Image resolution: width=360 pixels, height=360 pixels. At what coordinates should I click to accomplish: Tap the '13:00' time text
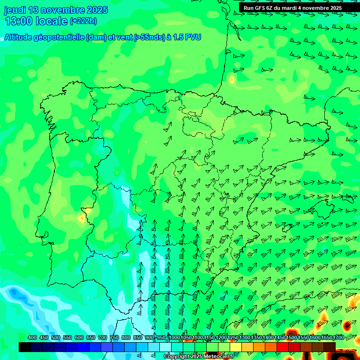[x=19, y=21]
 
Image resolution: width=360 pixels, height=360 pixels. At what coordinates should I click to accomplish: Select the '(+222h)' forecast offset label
[x=83, y=21]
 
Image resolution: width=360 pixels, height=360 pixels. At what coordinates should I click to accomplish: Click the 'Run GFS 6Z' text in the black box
[x=258, y=8]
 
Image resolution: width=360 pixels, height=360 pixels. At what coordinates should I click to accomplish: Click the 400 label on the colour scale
[x=32, y=337]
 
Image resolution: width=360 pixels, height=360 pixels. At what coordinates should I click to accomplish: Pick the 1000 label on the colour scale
[x=174, y=337]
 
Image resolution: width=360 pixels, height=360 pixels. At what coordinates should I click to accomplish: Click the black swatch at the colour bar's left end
[x=25, y=347]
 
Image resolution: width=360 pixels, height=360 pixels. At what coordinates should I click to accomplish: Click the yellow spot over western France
[x=232, y=80]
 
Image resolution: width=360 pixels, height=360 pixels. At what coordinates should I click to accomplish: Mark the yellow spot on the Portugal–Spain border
[x=82, y=218]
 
